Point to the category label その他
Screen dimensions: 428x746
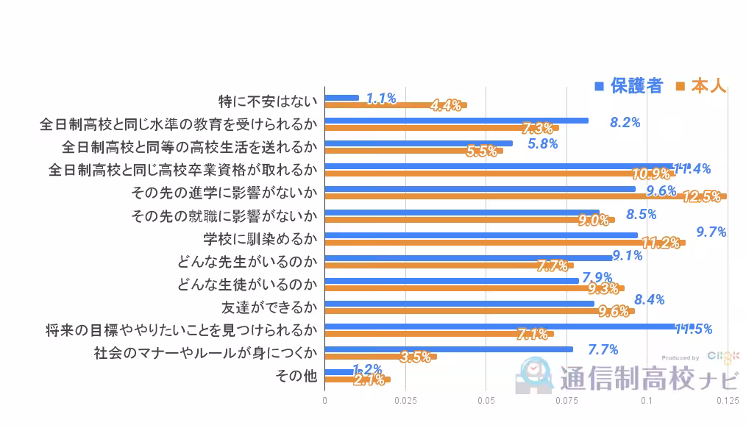click(296, 376)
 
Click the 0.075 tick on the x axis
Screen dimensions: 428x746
click(566, 401)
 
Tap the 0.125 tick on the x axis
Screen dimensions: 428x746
click(727, 401)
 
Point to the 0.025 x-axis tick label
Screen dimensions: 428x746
click(405, 401)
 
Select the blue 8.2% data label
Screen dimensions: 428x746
click(625, 122)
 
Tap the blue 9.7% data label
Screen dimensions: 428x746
click(711, 232)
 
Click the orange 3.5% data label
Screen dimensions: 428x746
click(416, 357)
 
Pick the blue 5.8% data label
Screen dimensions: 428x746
click(543, 144)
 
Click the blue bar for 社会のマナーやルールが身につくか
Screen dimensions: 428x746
click(449, 349)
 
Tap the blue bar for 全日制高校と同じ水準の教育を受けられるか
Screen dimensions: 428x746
click(456, 121)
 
